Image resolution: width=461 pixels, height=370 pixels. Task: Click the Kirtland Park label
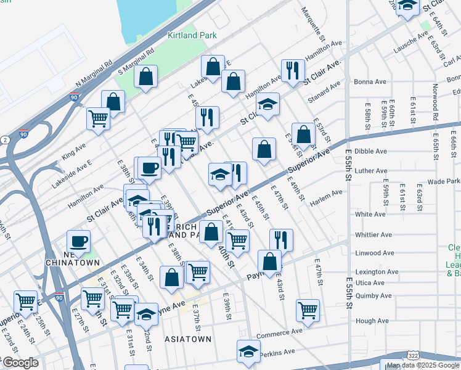(192, 36)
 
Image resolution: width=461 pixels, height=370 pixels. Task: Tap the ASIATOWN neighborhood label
(187, 339)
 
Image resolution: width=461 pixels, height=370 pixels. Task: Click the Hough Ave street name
(372, 321)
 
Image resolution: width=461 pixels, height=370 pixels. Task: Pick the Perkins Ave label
(277, 352)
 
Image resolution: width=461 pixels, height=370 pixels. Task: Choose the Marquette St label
(311, 20)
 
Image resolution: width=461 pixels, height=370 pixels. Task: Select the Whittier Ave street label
(373, 235)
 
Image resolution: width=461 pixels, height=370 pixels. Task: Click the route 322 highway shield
(413, 356)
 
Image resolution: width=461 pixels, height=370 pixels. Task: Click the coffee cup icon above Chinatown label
(78, 241)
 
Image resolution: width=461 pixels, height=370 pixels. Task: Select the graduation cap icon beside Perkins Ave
(249, 351)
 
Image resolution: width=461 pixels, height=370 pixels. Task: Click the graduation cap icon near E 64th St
(407, 6)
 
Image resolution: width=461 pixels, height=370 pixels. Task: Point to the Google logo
(20, 363)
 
